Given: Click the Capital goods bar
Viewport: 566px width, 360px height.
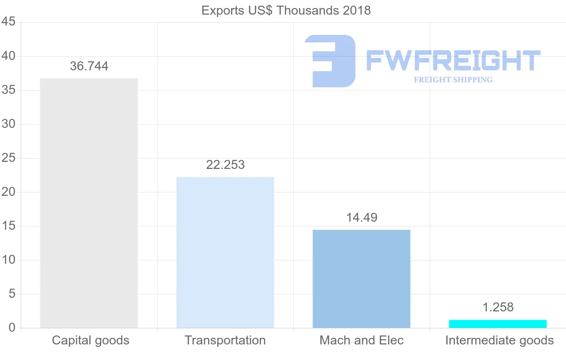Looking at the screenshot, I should tap(89, 203).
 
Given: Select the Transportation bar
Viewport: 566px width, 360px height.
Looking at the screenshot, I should tap(225, 252).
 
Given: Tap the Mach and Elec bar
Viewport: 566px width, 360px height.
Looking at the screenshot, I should tap(361, 278).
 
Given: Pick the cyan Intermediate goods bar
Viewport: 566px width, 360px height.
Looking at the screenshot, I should tap(498, 324).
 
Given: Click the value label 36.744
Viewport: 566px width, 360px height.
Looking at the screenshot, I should tap(89, 67).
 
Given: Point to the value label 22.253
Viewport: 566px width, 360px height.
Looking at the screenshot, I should tap(225, 165).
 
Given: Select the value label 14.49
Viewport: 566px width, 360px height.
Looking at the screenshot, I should tap(362, 218).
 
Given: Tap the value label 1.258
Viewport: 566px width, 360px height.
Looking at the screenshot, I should tap(498, 307).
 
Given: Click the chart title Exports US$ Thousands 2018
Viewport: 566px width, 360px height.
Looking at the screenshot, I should tap(286, 10).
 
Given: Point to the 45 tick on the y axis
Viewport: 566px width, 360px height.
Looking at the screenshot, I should tap(9, 22).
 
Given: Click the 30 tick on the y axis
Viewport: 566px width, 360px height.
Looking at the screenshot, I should tap(9, 124).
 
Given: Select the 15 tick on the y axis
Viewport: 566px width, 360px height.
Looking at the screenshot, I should tap(9, 226).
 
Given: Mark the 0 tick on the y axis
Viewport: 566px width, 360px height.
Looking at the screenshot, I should tap(12, 328).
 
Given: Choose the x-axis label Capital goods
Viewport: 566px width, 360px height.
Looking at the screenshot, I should tap(91, 340).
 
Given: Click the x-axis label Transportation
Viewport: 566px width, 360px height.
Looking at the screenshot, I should tap(225, 340).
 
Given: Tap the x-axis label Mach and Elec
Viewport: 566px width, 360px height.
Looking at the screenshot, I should tap(362, 340).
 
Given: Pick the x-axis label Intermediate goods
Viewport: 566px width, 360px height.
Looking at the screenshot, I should tap(499, 340).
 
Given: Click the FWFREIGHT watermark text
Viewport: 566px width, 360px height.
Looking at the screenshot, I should tap(453, 60).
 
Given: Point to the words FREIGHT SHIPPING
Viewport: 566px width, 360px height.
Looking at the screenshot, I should tap(453, 80).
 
